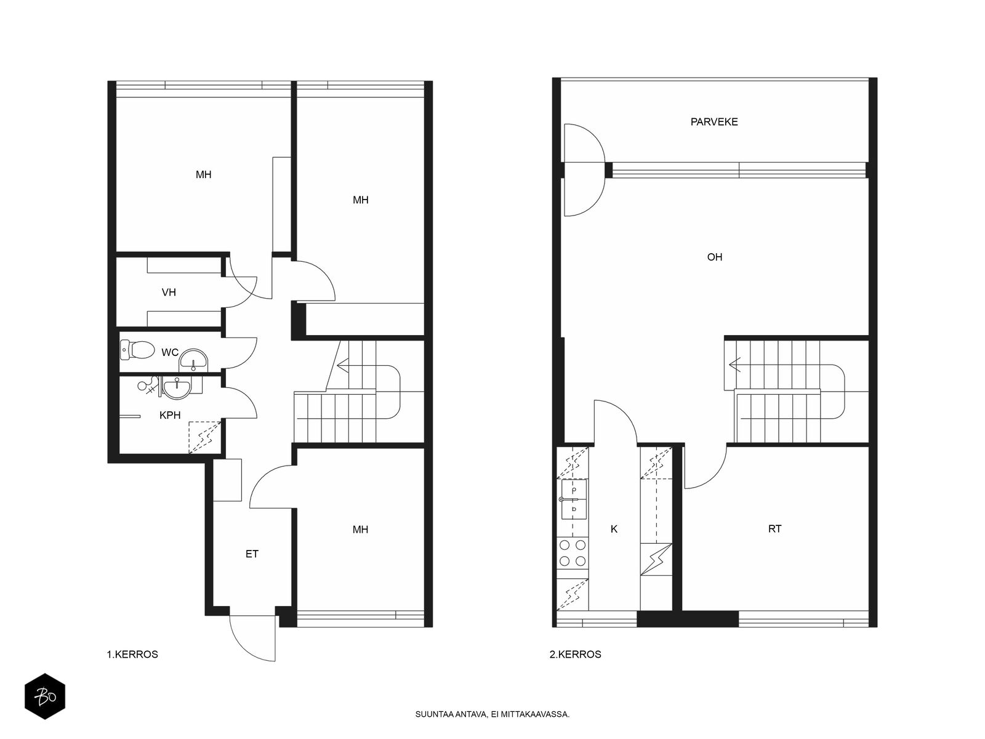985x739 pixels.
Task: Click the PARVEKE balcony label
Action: pos(714,121)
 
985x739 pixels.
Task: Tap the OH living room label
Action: pos(714,257)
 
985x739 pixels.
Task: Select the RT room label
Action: pos(774,529)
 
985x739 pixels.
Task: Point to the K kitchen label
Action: pos(614,530)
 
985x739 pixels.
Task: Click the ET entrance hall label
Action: pos(252,554)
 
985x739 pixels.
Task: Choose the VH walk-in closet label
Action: pos(169,293)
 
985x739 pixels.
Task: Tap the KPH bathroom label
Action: pos(170,416)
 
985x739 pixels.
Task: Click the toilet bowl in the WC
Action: pos(137,350)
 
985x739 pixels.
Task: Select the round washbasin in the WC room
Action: pos(193,360)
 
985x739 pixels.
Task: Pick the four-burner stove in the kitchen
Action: pos(573,553)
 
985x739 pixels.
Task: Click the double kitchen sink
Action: pos(574,499)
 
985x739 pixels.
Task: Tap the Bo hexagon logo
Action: pos(45,697)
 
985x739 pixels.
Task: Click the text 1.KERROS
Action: pos(132,655)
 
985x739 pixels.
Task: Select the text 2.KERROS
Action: pos(575,655)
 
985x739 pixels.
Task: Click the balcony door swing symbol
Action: pos(584,170)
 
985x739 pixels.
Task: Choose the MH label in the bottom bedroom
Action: pos(360,530)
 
